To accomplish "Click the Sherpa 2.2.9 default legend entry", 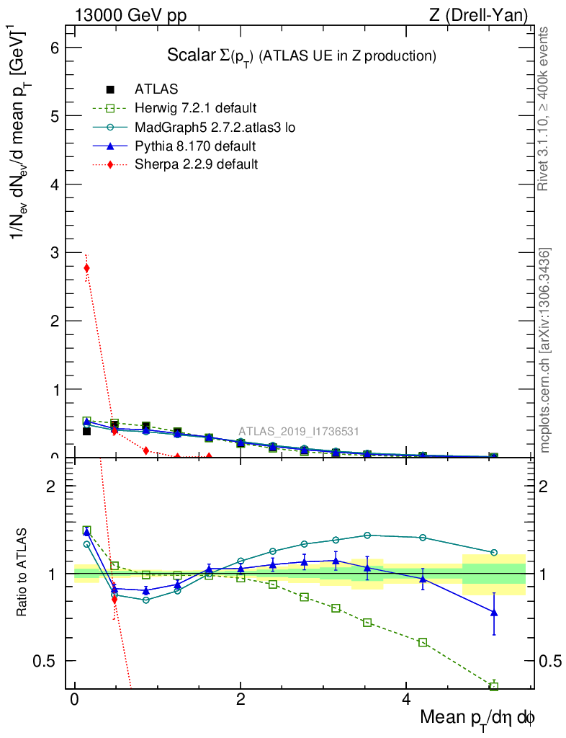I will click(197, 164).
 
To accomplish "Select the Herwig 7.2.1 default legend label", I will click(195, 108).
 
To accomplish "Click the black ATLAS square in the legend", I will click(110, 89).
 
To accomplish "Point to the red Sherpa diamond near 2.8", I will click(87, 268).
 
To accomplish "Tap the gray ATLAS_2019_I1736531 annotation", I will click(299, 432).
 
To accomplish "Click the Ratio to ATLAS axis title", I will click(22, 573).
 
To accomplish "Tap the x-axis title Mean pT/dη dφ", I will click(477, 719).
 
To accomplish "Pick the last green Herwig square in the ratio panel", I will click(493, 686).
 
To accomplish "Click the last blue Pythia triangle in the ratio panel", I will click(493, 612).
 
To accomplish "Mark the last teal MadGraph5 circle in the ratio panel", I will click(493, 553).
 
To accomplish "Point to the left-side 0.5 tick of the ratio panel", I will click(48, 661).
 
